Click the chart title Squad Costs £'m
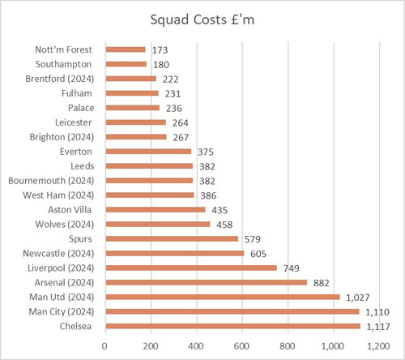point(202,20)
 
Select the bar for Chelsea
point(233,326)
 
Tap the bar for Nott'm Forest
point(126,49)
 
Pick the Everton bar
point(148,152)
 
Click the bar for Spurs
point(172,238)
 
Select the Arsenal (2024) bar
point(207,282)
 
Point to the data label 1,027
point(358,298)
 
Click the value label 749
point(292,268)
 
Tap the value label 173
point(160,50)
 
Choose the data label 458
point(224,225)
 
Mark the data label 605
point(258,254)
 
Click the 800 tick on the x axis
point(288,346)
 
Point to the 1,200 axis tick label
point(378,346)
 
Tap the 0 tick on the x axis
point(104,346)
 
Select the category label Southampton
point(63,64)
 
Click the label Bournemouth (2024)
point(51,181)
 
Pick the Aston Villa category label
point(70,210)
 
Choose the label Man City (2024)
point(62,311)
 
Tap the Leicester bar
point(136,122)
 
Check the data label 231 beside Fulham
point(173,94)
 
